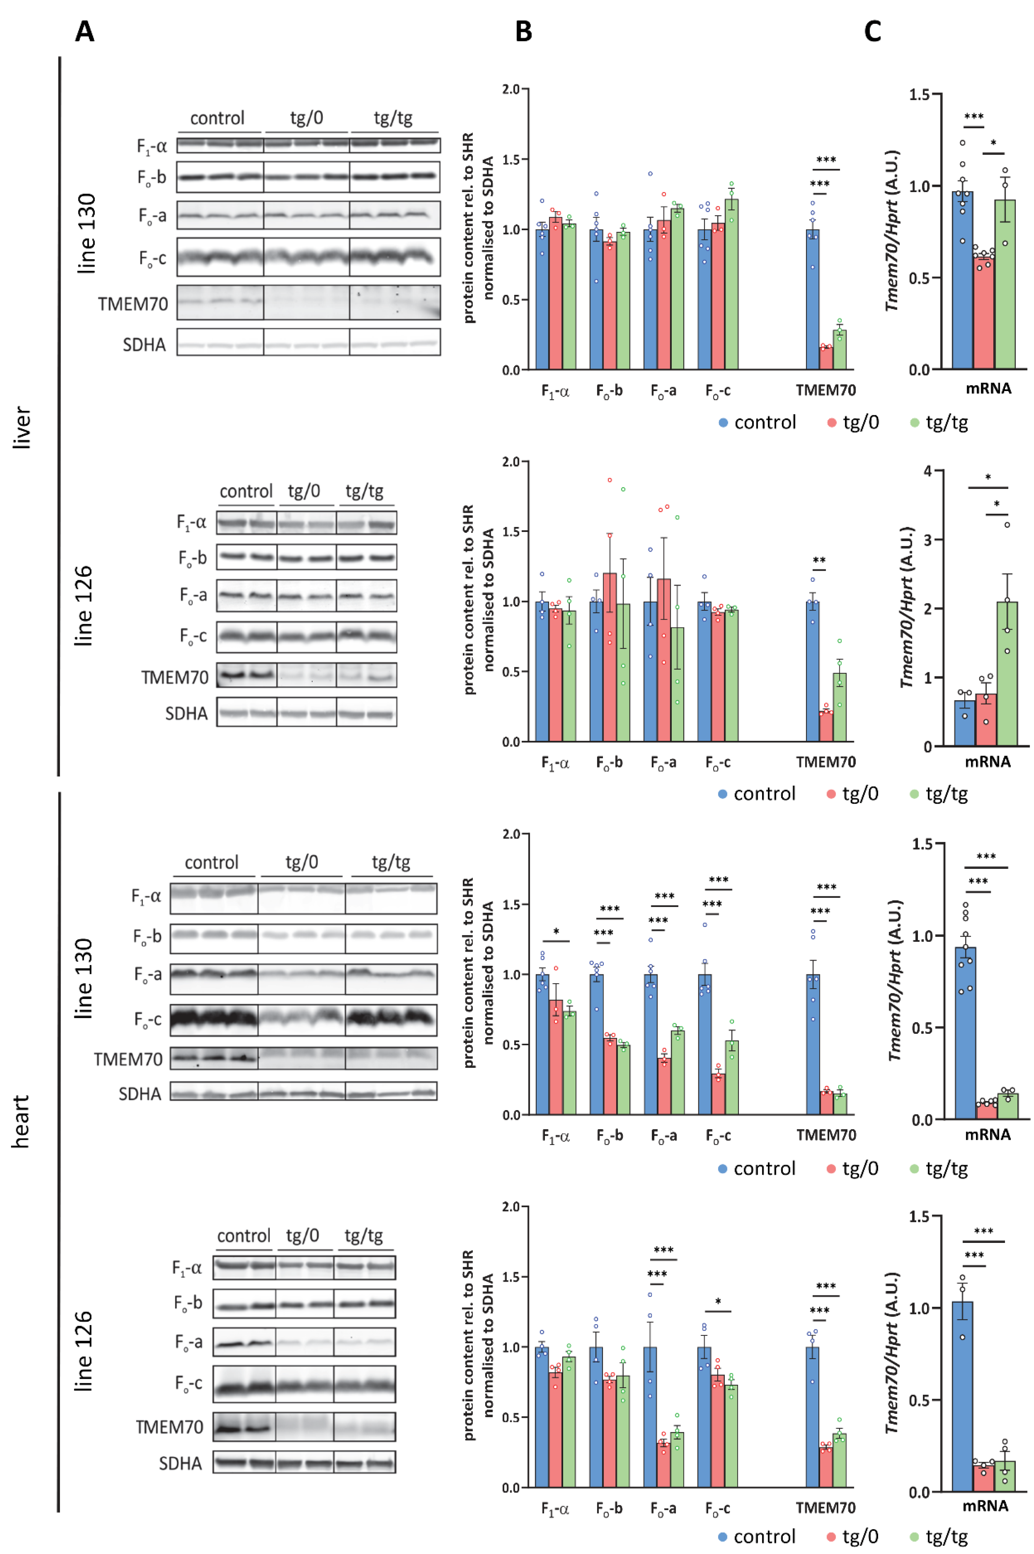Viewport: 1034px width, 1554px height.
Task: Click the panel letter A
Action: (84, 31)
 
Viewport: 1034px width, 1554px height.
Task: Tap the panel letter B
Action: (524, 31)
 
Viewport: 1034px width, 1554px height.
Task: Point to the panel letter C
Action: (873, 31)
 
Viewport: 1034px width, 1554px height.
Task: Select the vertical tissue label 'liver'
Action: (22, 428)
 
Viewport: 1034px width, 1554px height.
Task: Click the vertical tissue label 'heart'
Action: (21, 1121)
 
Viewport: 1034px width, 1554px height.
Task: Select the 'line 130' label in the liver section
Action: (86, 234)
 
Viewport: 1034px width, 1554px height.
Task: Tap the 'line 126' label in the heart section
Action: (83, 1351)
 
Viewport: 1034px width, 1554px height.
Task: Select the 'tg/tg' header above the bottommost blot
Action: (363, 1235)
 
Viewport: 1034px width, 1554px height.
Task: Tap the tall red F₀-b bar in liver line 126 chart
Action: (609, 657)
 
